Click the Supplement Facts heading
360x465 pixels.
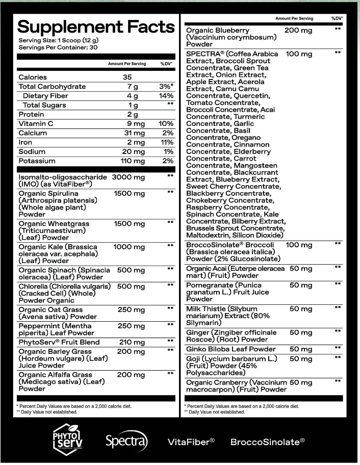96,28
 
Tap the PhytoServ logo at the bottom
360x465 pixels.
67,441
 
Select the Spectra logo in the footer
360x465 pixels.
126,441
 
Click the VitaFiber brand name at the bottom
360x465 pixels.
191,441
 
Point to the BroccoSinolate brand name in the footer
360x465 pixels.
268,441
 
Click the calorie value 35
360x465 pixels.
127,77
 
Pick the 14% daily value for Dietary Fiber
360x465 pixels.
166,96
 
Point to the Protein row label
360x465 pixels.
31,115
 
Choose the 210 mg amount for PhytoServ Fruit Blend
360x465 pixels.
127,342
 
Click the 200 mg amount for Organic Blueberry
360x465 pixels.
298,31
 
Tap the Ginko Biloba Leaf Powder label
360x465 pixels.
231,349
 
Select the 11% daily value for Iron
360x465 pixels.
167,142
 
